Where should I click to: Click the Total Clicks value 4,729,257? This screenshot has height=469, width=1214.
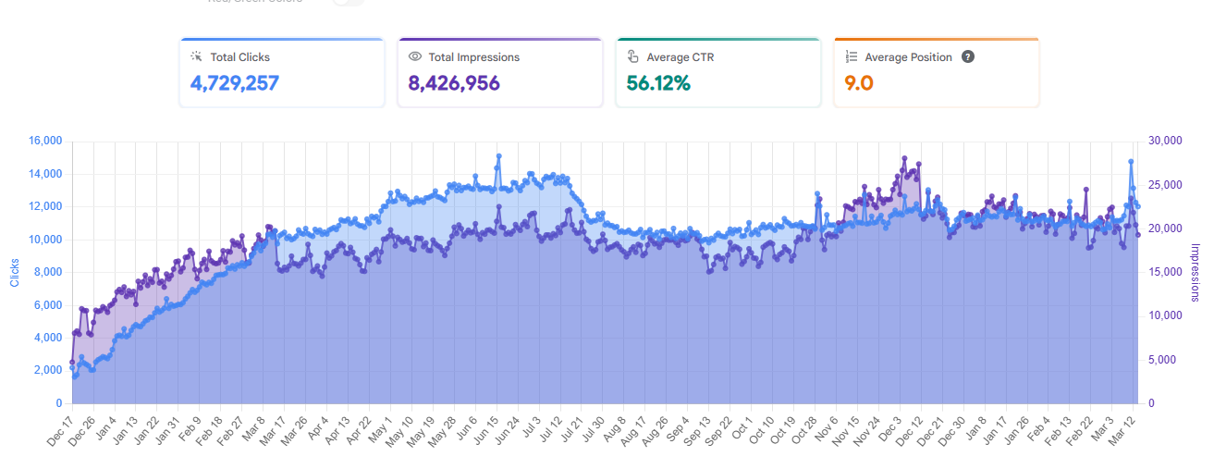[235, 83]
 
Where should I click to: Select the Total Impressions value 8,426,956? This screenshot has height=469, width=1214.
[454, 83]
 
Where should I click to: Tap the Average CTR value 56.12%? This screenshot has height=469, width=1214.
[658, 83]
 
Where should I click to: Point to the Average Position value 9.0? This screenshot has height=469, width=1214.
[859, 83]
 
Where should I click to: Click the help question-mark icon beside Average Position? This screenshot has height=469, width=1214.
[968, 56]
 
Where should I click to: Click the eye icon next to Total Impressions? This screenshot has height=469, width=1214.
[415, 56]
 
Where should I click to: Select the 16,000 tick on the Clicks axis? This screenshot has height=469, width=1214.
[43, 141]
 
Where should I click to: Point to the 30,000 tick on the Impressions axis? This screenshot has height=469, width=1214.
[1164, 141]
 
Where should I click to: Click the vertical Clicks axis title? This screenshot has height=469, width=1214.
[14, 272]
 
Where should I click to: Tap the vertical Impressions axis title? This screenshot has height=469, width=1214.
[1195, 272]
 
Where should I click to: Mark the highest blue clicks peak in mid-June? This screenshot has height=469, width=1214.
[498, 156]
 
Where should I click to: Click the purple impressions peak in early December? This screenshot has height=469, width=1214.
[904, 158]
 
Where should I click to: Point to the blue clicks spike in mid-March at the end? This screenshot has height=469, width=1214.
[1131, 162]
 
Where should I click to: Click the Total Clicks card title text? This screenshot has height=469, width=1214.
[239, 56]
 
